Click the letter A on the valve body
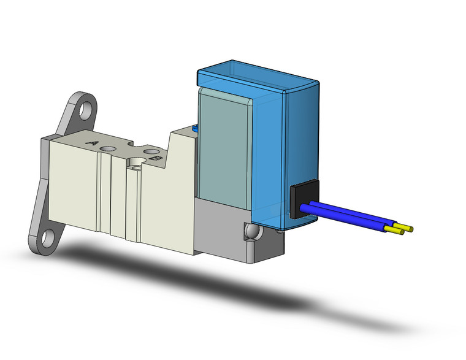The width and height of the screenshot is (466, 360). pos(93,144)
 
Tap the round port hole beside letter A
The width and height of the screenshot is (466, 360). pos(110,148)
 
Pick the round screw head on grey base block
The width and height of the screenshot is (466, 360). pos(250,232)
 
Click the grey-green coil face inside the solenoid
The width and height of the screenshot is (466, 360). pos(224,147)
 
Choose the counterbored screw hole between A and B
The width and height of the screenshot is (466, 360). pos(134,163)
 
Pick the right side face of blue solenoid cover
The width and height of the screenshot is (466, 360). pos(300,141)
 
